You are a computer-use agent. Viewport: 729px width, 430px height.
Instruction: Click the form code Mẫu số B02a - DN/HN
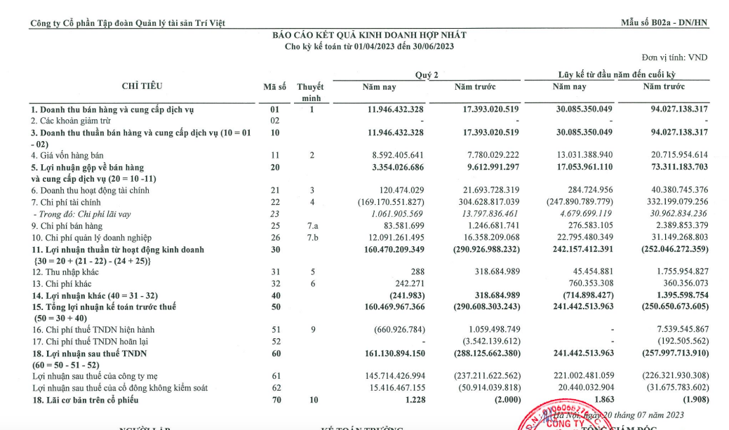click(x=664, y=23)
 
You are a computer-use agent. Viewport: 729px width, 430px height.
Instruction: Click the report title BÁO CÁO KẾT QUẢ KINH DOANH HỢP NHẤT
click(x=368, y=34)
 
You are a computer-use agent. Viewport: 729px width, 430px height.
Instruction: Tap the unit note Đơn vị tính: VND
click(x=674, y=57)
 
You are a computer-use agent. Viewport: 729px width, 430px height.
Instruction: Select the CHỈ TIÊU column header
click(x=142, y=86)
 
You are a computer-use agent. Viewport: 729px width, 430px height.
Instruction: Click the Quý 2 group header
click(x=427, y=75)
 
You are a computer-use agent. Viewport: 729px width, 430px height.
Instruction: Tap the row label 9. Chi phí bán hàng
click(x=66, y=226)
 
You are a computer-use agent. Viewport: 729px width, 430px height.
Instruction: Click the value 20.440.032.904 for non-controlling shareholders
click(x=579, y=388)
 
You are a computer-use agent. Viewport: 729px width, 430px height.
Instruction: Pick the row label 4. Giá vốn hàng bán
click(x=68, y=155)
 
